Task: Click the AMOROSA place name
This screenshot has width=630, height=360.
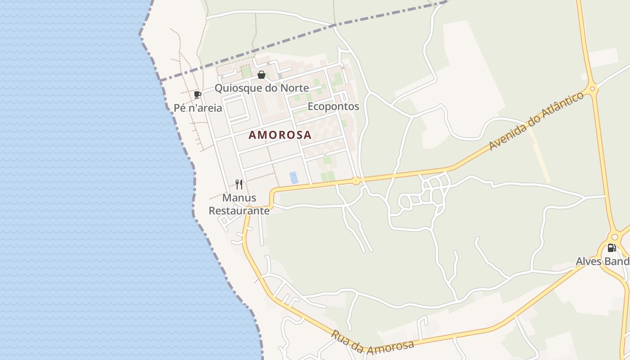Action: pyautogui.click(x=280, y=135)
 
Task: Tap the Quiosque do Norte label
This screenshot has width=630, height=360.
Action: pyautogui.click(x=261, y=88)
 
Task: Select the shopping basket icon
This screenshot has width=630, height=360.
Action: pyautogui.click(x=261, y=75)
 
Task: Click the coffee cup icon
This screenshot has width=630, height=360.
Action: pyautogui.click(x=197, y=94)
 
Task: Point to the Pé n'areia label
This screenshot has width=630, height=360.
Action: pyautogui.click(x=198, y=108)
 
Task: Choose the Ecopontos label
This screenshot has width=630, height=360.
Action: pyautogui.click(x=333, y=106)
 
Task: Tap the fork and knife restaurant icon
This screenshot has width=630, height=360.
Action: pyautogui.click(x=239, y=184)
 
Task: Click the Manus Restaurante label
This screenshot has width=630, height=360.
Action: pyautogui.click(x=239, y=204)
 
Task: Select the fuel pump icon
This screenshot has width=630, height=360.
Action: pyautogui.click(x=612, y=247)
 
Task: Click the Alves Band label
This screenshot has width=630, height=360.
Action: pyautogui.click(x=603, y=261)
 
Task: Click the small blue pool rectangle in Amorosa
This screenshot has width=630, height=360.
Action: pyautogui.click(x=294, y=177)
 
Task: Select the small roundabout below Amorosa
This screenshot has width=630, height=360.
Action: pyautogui.click(x=356, y=181)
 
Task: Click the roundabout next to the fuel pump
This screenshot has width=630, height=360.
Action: pyautogui.click(x=615, y=237)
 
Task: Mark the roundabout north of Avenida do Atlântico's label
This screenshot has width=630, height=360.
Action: pyautogui.click(x=592, y=89)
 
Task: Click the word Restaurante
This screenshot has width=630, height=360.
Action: pyautogui.click(x=239, y=210)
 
